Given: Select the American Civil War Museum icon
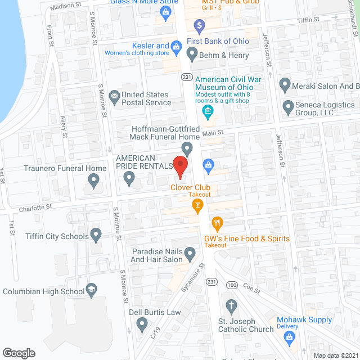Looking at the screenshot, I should pos(208,110).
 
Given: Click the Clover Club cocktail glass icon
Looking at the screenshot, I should pos(197,208).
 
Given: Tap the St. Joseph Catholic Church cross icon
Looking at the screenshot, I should pos(231,306).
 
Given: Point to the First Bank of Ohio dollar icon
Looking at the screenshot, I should pos(199,25).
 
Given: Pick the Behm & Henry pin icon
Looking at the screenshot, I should pos(192,55).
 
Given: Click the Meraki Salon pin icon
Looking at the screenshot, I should pos(285,86).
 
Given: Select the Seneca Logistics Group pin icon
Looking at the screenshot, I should pos(289,106).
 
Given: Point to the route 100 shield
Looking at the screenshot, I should pos(232,285).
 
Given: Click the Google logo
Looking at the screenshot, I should pos(19,353).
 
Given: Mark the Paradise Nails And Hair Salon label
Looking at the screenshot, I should pos(157,255).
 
